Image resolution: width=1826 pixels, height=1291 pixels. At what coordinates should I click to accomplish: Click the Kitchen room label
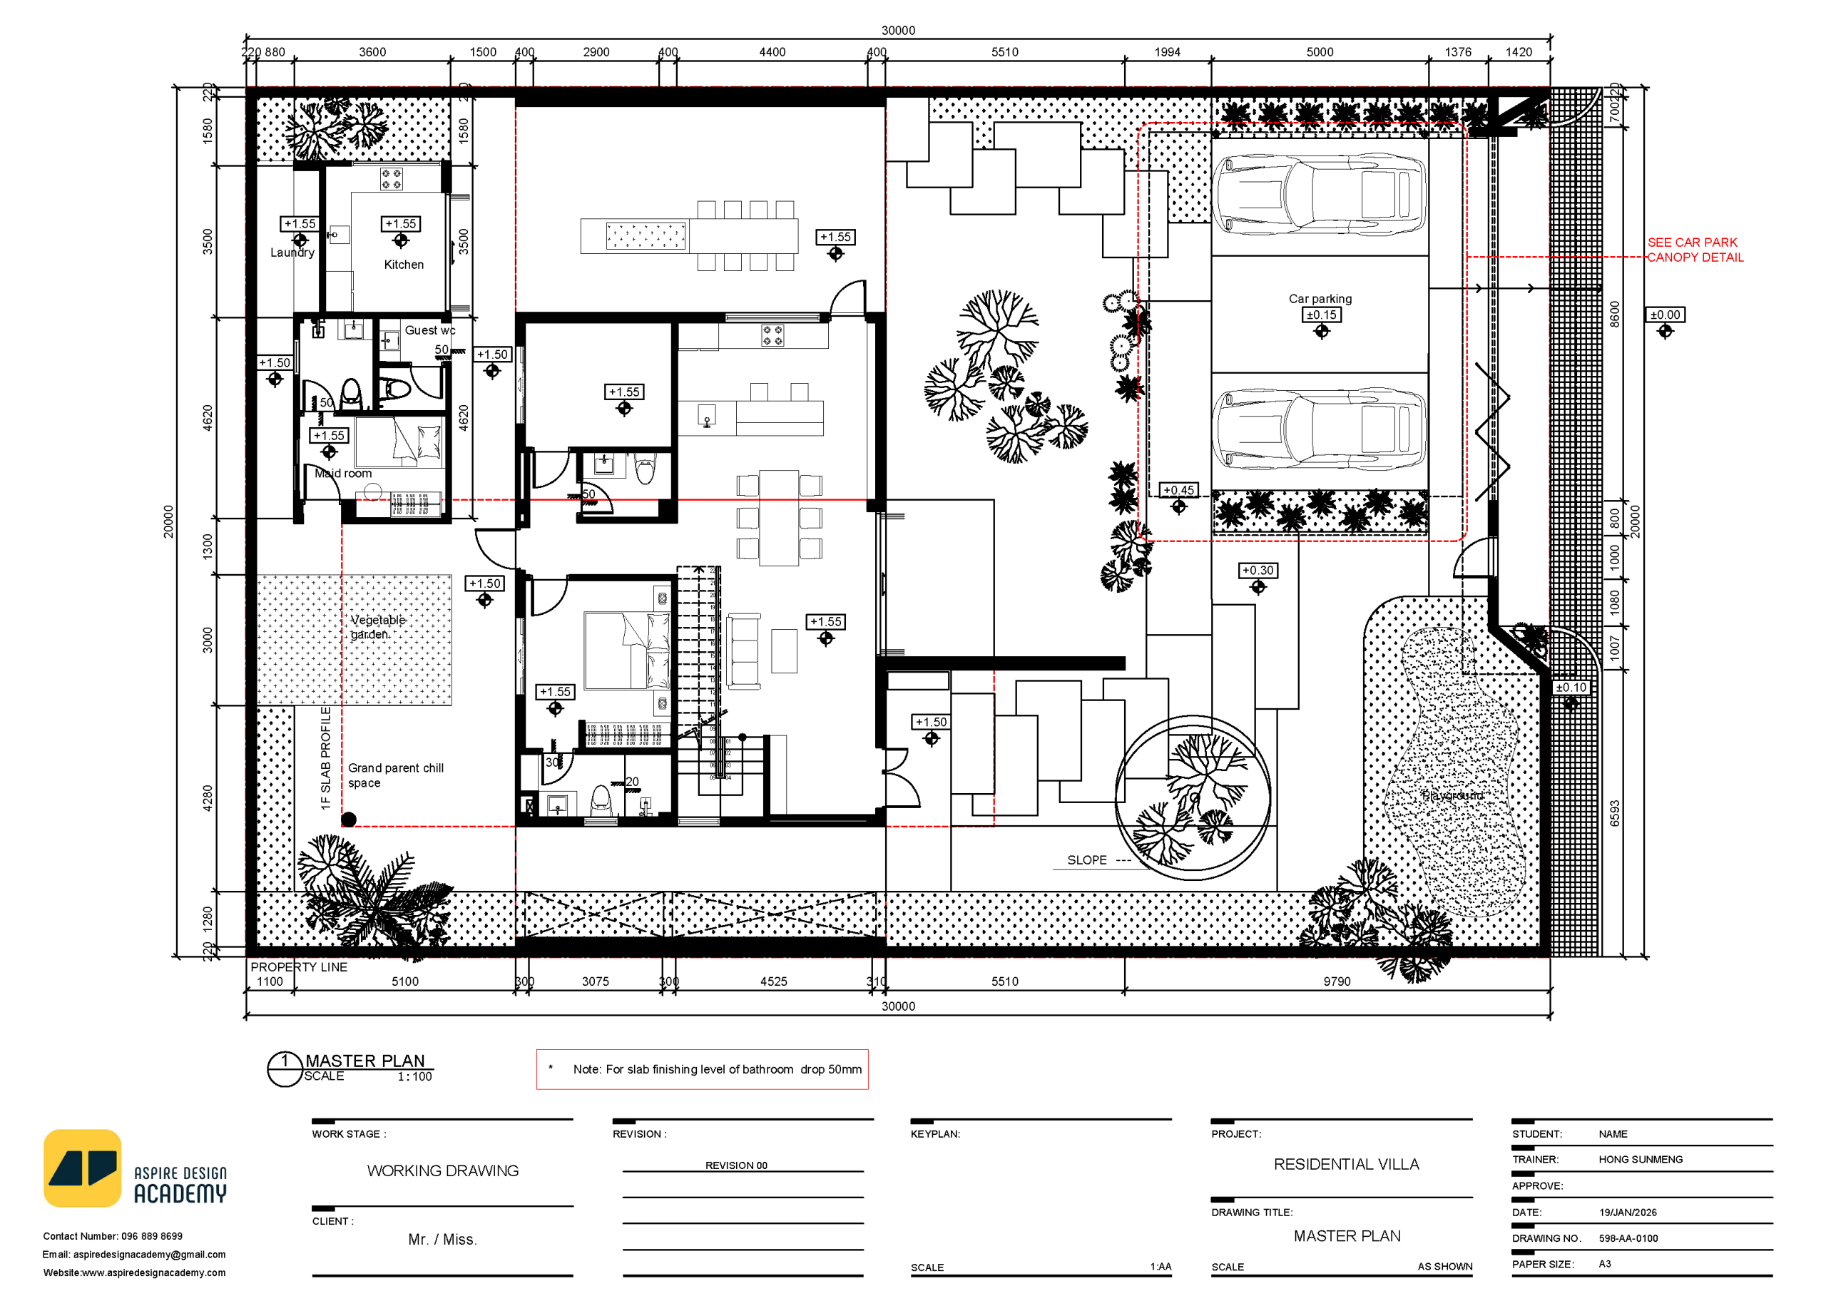[x=403, y=264]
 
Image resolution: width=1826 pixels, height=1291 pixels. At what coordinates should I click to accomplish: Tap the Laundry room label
[x=292, y=252]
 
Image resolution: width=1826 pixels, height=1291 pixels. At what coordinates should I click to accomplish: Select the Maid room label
[x=343, y=474]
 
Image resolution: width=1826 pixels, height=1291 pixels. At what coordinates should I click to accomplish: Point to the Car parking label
[x=1320, y=298]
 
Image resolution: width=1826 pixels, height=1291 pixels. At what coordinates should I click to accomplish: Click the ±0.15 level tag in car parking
[x=1321, y=315]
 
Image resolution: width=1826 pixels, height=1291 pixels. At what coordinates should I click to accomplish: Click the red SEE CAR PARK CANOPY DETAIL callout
[x=1694, y=250]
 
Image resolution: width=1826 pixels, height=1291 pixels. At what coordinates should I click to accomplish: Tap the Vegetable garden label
[x=377, y=627]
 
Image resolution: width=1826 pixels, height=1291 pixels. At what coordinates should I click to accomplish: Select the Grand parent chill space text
[x=394, y=775]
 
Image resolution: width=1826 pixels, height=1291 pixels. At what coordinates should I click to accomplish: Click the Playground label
[x=1452, y=795]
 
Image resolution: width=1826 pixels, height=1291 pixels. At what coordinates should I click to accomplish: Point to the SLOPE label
[x=1086, y=860]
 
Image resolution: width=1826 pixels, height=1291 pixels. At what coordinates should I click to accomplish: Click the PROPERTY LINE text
[x=298, y=966]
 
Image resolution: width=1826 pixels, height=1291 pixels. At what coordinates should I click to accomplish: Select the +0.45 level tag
[x=1178, y=490]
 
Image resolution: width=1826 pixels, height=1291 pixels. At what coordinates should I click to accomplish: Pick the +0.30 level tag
[x=1258, y=571]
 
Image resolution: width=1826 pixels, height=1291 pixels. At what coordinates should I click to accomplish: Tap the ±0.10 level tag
[x=1570, y=688]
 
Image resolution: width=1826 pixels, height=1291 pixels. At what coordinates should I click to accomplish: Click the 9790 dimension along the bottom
[x=1336, y=981]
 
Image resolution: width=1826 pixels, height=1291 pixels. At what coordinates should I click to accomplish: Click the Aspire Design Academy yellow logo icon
[x=82, y=1168]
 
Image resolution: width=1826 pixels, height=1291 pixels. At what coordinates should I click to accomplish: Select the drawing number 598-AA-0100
[x=1628, y=1238]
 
